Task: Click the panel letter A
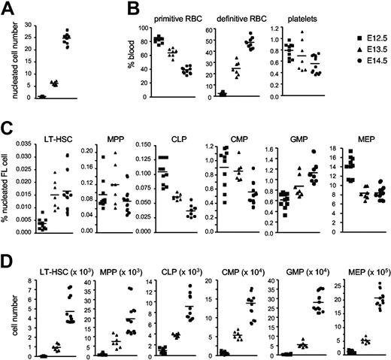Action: point(7,8)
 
